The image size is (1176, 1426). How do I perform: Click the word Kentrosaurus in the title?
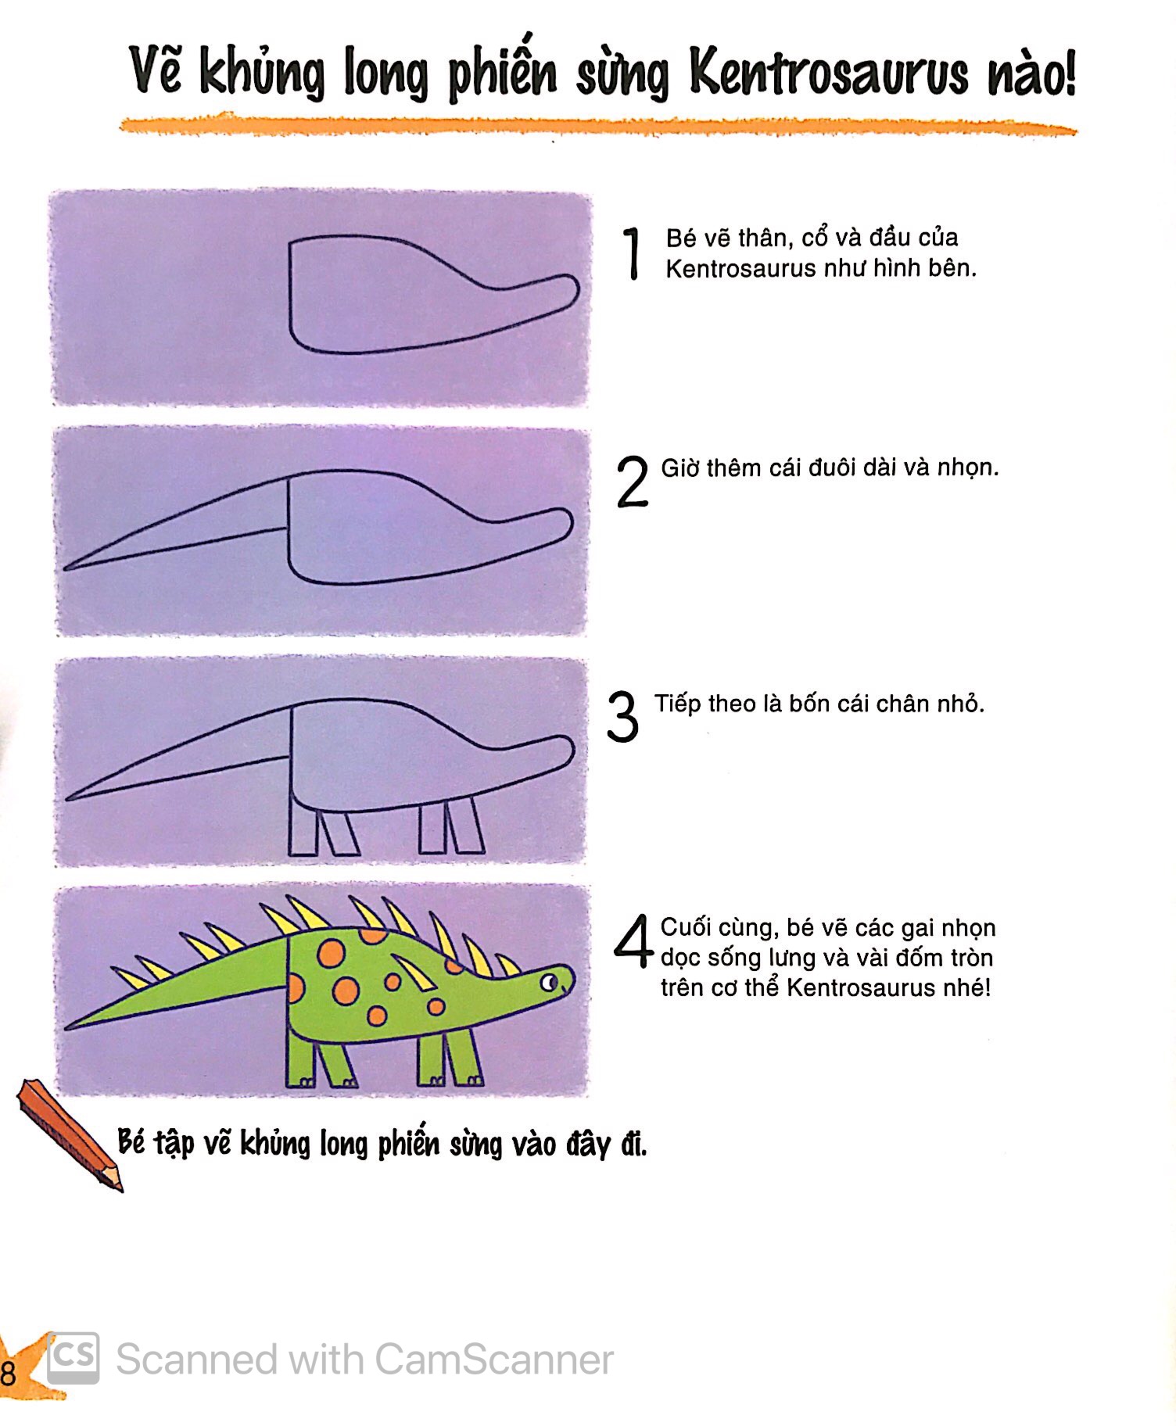(830, 74)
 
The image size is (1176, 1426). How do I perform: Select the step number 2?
(632, 482)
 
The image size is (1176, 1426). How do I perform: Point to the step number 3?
(623, 717)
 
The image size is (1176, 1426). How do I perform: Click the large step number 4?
(633, 941)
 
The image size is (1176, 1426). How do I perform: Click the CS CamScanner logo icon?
(73, 1358)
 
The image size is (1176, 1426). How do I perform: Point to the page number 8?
(8, 1374)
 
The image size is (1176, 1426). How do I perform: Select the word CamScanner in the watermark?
(493, 1360)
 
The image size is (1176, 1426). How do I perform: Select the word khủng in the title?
(261, 74)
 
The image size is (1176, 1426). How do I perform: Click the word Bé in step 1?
(679, 238)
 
